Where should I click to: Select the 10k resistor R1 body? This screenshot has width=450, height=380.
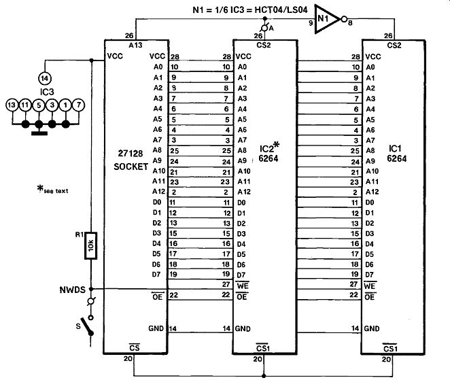(x=90, y=245)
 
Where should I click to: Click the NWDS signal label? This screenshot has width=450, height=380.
(x=72, y=290)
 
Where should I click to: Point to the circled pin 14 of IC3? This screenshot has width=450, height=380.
(x=44, y=78)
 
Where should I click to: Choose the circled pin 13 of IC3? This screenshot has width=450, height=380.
(x=12, y=105)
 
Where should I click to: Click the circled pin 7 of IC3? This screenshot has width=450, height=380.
(x=78, y=105)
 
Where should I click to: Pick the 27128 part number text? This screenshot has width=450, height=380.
(x=131, y=154)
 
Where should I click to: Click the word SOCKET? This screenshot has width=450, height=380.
(x=131, y=167)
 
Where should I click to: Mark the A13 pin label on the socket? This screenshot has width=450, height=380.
(x=135, y=45)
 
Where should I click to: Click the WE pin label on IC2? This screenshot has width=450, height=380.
(x=243, y=286)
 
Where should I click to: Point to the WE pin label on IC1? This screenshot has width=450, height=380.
(x=370, y=286)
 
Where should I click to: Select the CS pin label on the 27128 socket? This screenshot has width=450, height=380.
(x=135, y=347)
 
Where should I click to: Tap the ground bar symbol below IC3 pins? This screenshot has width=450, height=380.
(x=39, y=133)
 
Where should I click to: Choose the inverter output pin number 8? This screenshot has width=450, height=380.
(x=350, y=22)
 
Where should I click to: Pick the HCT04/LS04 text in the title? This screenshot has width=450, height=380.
(x=281, y=10)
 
